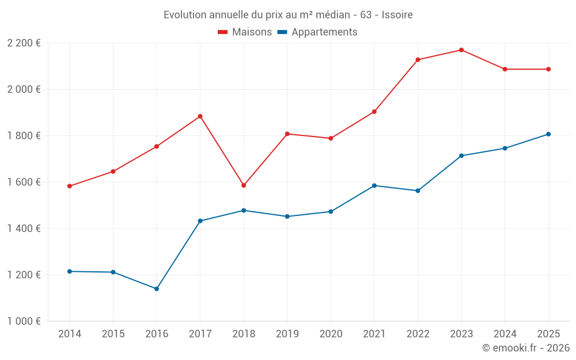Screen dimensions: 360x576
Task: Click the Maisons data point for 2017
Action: click(x=200, y=116)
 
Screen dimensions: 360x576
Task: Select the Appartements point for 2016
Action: click(x=157, y=289)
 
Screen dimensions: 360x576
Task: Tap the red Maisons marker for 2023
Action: click(x=461, y=50)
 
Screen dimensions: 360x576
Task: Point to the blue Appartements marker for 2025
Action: click(x=548, y=134)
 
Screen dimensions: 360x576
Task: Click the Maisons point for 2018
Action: click(x=244, y=185)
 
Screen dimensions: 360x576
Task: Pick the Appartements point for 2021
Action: click(x=374, y=185)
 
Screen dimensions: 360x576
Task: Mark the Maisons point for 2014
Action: click(x=70, y=186)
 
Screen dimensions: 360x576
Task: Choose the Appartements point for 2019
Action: click(x=287, y=217)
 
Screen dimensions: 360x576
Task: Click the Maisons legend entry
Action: click(x=245, y=32)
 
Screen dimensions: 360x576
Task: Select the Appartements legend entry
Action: click(x=317, y=32)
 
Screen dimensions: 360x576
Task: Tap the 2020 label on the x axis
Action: click(x=331, y=334)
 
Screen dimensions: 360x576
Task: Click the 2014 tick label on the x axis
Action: click(x=70, y=334)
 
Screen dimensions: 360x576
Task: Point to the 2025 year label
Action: click(x=548, y=334)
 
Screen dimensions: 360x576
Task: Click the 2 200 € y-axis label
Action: click(x=24, y=43)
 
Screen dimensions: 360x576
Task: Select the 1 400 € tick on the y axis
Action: click(x=24, y=229)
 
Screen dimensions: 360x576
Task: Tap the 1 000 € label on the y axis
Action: click(x=24, y=321)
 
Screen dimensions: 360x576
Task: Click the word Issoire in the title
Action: click(x=397, y=15)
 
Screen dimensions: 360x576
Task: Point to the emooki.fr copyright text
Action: click(x=526, y=348)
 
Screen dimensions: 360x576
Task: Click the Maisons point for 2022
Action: click(x=418, y=60)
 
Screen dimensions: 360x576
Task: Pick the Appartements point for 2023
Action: click(x=461, y=156)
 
